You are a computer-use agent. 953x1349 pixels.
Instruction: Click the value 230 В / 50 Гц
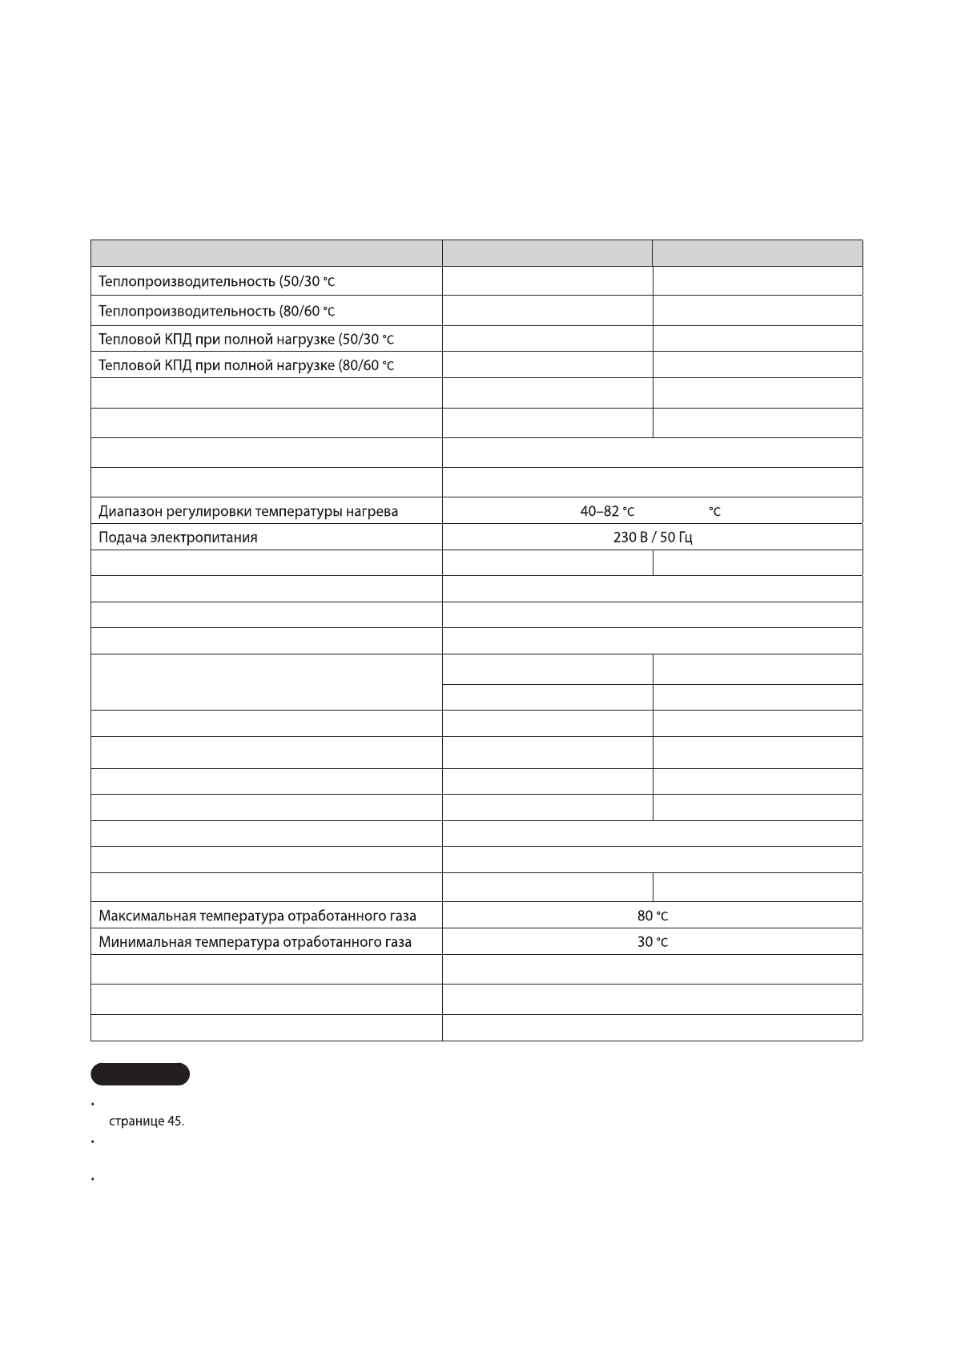[653, 538]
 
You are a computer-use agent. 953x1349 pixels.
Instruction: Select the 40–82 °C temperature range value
[607, 511]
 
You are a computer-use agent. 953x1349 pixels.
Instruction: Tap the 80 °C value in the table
[653, 916]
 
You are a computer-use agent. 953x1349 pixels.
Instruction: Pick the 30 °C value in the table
[653, 942]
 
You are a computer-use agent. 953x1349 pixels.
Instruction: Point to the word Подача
[120, 538]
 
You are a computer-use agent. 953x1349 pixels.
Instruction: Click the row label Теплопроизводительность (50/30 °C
[216, 282]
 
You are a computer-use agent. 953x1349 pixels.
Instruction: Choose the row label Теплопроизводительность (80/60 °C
[216, 311]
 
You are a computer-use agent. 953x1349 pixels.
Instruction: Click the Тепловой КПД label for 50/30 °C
[246, 340]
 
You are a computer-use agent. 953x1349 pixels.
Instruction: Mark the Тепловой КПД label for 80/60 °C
[246, 366]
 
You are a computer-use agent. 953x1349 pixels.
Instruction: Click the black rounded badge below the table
[141, 1074]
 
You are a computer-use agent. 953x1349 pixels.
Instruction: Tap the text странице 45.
[147, 1121]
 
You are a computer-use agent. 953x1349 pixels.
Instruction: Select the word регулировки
[203, 511]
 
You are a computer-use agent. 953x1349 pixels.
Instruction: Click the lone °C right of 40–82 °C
[714, 512]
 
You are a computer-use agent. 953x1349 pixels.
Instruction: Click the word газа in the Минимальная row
[395, 942]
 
